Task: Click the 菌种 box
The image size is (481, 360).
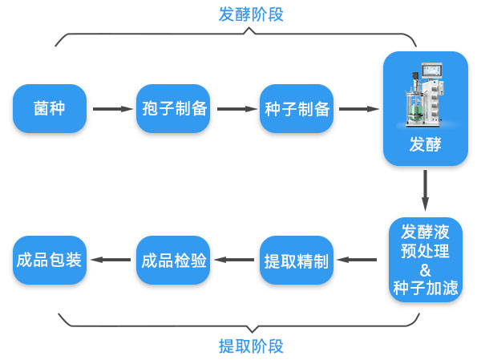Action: pos(49,108)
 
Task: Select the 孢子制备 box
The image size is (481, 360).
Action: pos(173,108)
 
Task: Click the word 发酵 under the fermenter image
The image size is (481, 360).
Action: pos(425,145)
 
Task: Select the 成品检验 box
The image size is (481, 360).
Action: pos(173,260)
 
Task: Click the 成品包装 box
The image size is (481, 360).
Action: pos(49,260)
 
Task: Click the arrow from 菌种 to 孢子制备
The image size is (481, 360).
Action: pos(111,108)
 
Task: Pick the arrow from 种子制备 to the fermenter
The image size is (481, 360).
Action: pos(358,108)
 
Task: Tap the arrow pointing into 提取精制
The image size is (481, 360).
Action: pos(358,260)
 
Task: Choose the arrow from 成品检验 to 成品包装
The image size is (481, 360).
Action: pos(111,260)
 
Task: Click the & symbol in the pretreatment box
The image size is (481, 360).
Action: pos(426,269)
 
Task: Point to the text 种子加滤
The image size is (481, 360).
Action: pos(426,287)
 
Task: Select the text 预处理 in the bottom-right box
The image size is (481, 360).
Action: pos(426,250)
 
